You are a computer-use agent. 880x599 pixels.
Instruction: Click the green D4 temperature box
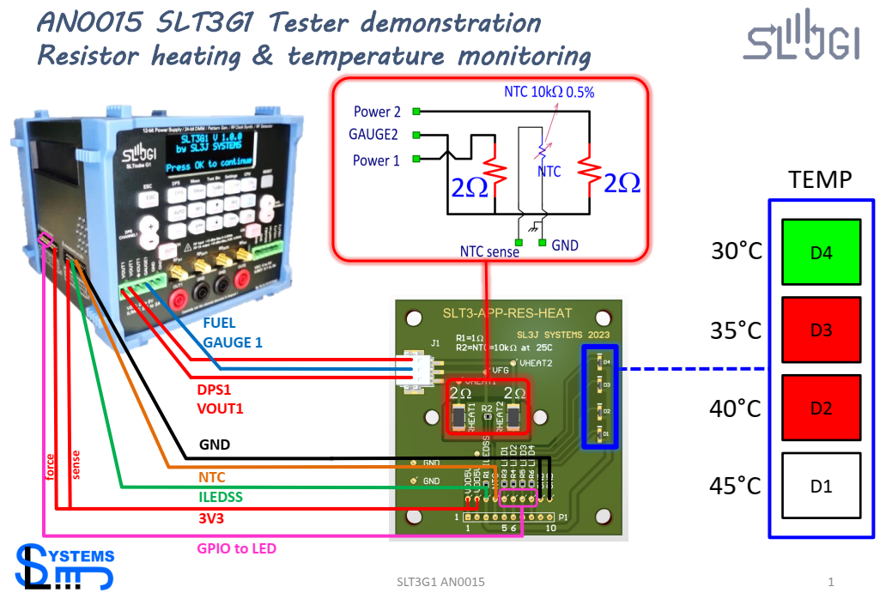pos(821,251)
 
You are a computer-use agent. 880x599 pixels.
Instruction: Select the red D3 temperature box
pos(821,330)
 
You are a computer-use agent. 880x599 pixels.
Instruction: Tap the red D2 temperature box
pos(821,408)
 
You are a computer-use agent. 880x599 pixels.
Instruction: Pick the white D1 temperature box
pos(821,486)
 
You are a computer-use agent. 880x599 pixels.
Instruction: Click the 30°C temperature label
pos(737,252)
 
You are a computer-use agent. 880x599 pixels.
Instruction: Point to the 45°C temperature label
pos(737,487)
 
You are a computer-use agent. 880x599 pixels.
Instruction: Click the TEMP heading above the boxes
pos(821,180)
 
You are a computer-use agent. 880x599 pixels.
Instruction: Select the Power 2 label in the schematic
pos(377,112)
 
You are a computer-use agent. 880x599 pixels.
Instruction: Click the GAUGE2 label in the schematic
pos(373,135)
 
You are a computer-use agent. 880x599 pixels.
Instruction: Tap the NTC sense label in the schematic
pos(489,251)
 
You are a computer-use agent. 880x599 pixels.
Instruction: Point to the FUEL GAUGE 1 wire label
pos(233,333)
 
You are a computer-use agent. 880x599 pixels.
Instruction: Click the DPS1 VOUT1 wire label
pos(221,399)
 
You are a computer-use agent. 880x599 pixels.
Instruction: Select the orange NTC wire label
pos(212,475)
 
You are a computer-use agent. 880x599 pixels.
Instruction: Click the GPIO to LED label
pos(237,548)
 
